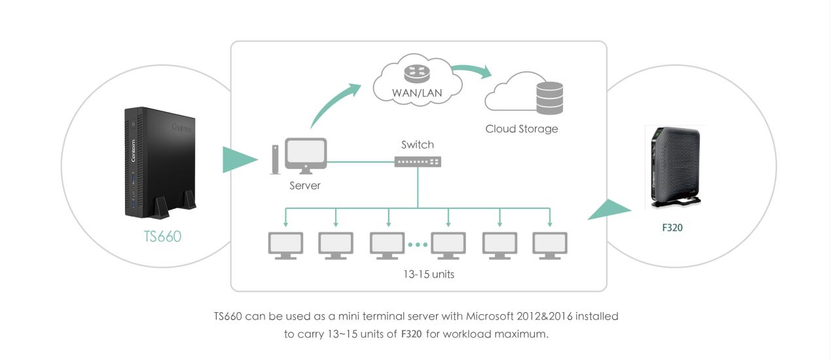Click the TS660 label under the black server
(x=162, y=236)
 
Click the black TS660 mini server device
(x=160, y=163)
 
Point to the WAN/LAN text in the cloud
(x=417, y=93)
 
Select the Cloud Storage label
(x=522, y=129)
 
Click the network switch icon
(x=418, y=161)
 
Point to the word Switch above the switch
(x=417, y=145)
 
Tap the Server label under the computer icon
(x=305, y=185)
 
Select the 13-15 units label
(x=429, y=274)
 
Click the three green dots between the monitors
(x=417, y=245)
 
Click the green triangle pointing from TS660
(x=239, y=160)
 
